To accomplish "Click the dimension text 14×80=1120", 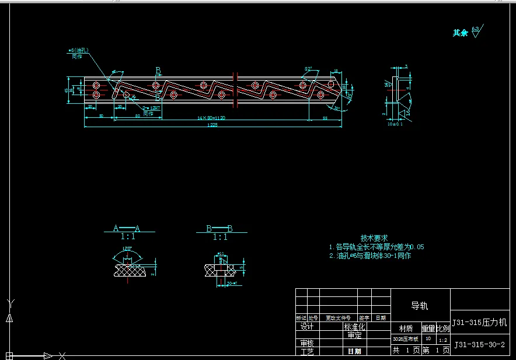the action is pos(211,118).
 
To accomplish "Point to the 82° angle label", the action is pos(308,69).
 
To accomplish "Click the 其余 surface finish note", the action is pos(461,33).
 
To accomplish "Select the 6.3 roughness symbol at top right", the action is pos(476,30).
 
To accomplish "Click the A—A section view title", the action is pos(127,229).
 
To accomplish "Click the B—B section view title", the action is pos(219,229).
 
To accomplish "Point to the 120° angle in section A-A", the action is pos(127,249).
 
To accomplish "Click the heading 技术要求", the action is pos(374,238).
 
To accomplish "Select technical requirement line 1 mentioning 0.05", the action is pos(376,247).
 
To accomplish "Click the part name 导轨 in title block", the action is pos(420,306).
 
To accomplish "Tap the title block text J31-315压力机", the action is pos(480,322).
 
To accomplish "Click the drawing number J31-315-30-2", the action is pos(479,345).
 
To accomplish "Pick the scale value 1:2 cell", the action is pos(443,339).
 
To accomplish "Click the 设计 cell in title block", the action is pos(307,327).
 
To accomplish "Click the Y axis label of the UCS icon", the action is pos(9,302).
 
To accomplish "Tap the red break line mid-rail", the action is pos(235,90).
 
